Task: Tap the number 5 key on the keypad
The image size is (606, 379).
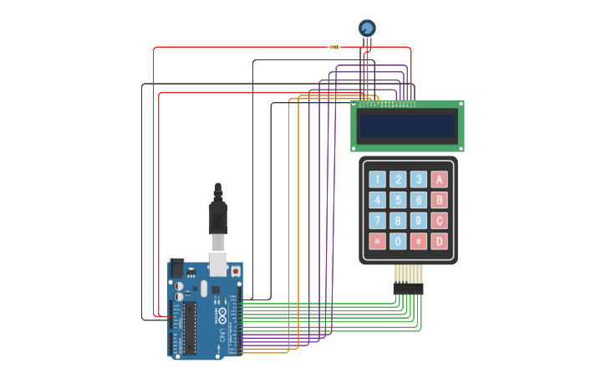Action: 398,200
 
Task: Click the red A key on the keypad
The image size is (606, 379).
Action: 439,179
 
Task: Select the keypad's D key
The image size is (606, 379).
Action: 439,241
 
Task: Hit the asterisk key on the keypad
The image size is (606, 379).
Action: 378,241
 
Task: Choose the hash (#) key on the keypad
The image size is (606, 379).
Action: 418,241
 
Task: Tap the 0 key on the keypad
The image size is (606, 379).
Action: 398,241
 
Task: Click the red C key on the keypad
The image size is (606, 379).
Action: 439,221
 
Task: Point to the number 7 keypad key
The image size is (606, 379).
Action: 378,221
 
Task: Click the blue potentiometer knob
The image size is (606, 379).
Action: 367,28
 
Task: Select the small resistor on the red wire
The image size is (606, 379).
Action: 334,47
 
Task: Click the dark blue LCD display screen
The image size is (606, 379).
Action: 406,126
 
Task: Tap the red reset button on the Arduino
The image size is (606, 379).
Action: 236,271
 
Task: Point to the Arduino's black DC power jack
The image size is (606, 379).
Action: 176,269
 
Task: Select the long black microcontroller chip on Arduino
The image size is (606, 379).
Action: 190,326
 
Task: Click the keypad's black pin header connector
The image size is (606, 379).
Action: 408,289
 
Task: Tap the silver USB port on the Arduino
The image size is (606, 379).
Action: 218,264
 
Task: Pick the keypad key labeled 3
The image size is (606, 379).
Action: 418,179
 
